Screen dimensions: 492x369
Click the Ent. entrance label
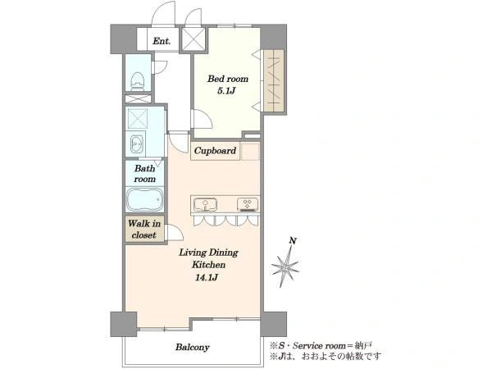(x=162, y=41)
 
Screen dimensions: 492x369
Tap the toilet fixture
(x=137, y=81)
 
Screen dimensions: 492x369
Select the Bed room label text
(x=228, y=79)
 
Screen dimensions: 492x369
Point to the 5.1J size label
(x=226, y=91)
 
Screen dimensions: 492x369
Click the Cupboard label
(x=215, y=151)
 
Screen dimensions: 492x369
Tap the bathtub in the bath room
(x=144, y=199)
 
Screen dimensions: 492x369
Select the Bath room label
(x=144, y=174)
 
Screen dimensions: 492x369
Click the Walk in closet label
(x=144, y=230)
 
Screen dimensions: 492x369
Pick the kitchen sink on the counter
(x=205, y=204)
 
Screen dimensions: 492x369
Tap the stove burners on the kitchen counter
(x=248, y=204)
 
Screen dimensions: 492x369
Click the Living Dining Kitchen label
(x=208, y=258)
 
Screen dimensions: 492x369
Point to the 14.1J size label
(x=207, y=278)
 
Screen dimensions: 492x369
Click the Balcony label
(x=193, y=348)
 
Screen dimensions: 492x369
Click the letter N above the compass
(x=293, y=241)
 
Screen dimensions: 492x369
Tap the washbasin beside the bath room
(x=136, y=144)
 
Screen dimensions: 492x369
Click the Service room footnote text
(x=321, y=346)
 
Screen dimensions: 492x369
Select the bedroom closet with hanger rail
(x=274, y=80)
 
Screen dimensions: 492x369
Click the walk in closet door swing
(x=175, y=233)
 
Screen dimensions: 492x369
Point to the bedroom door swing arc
(x=203, y=119)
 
